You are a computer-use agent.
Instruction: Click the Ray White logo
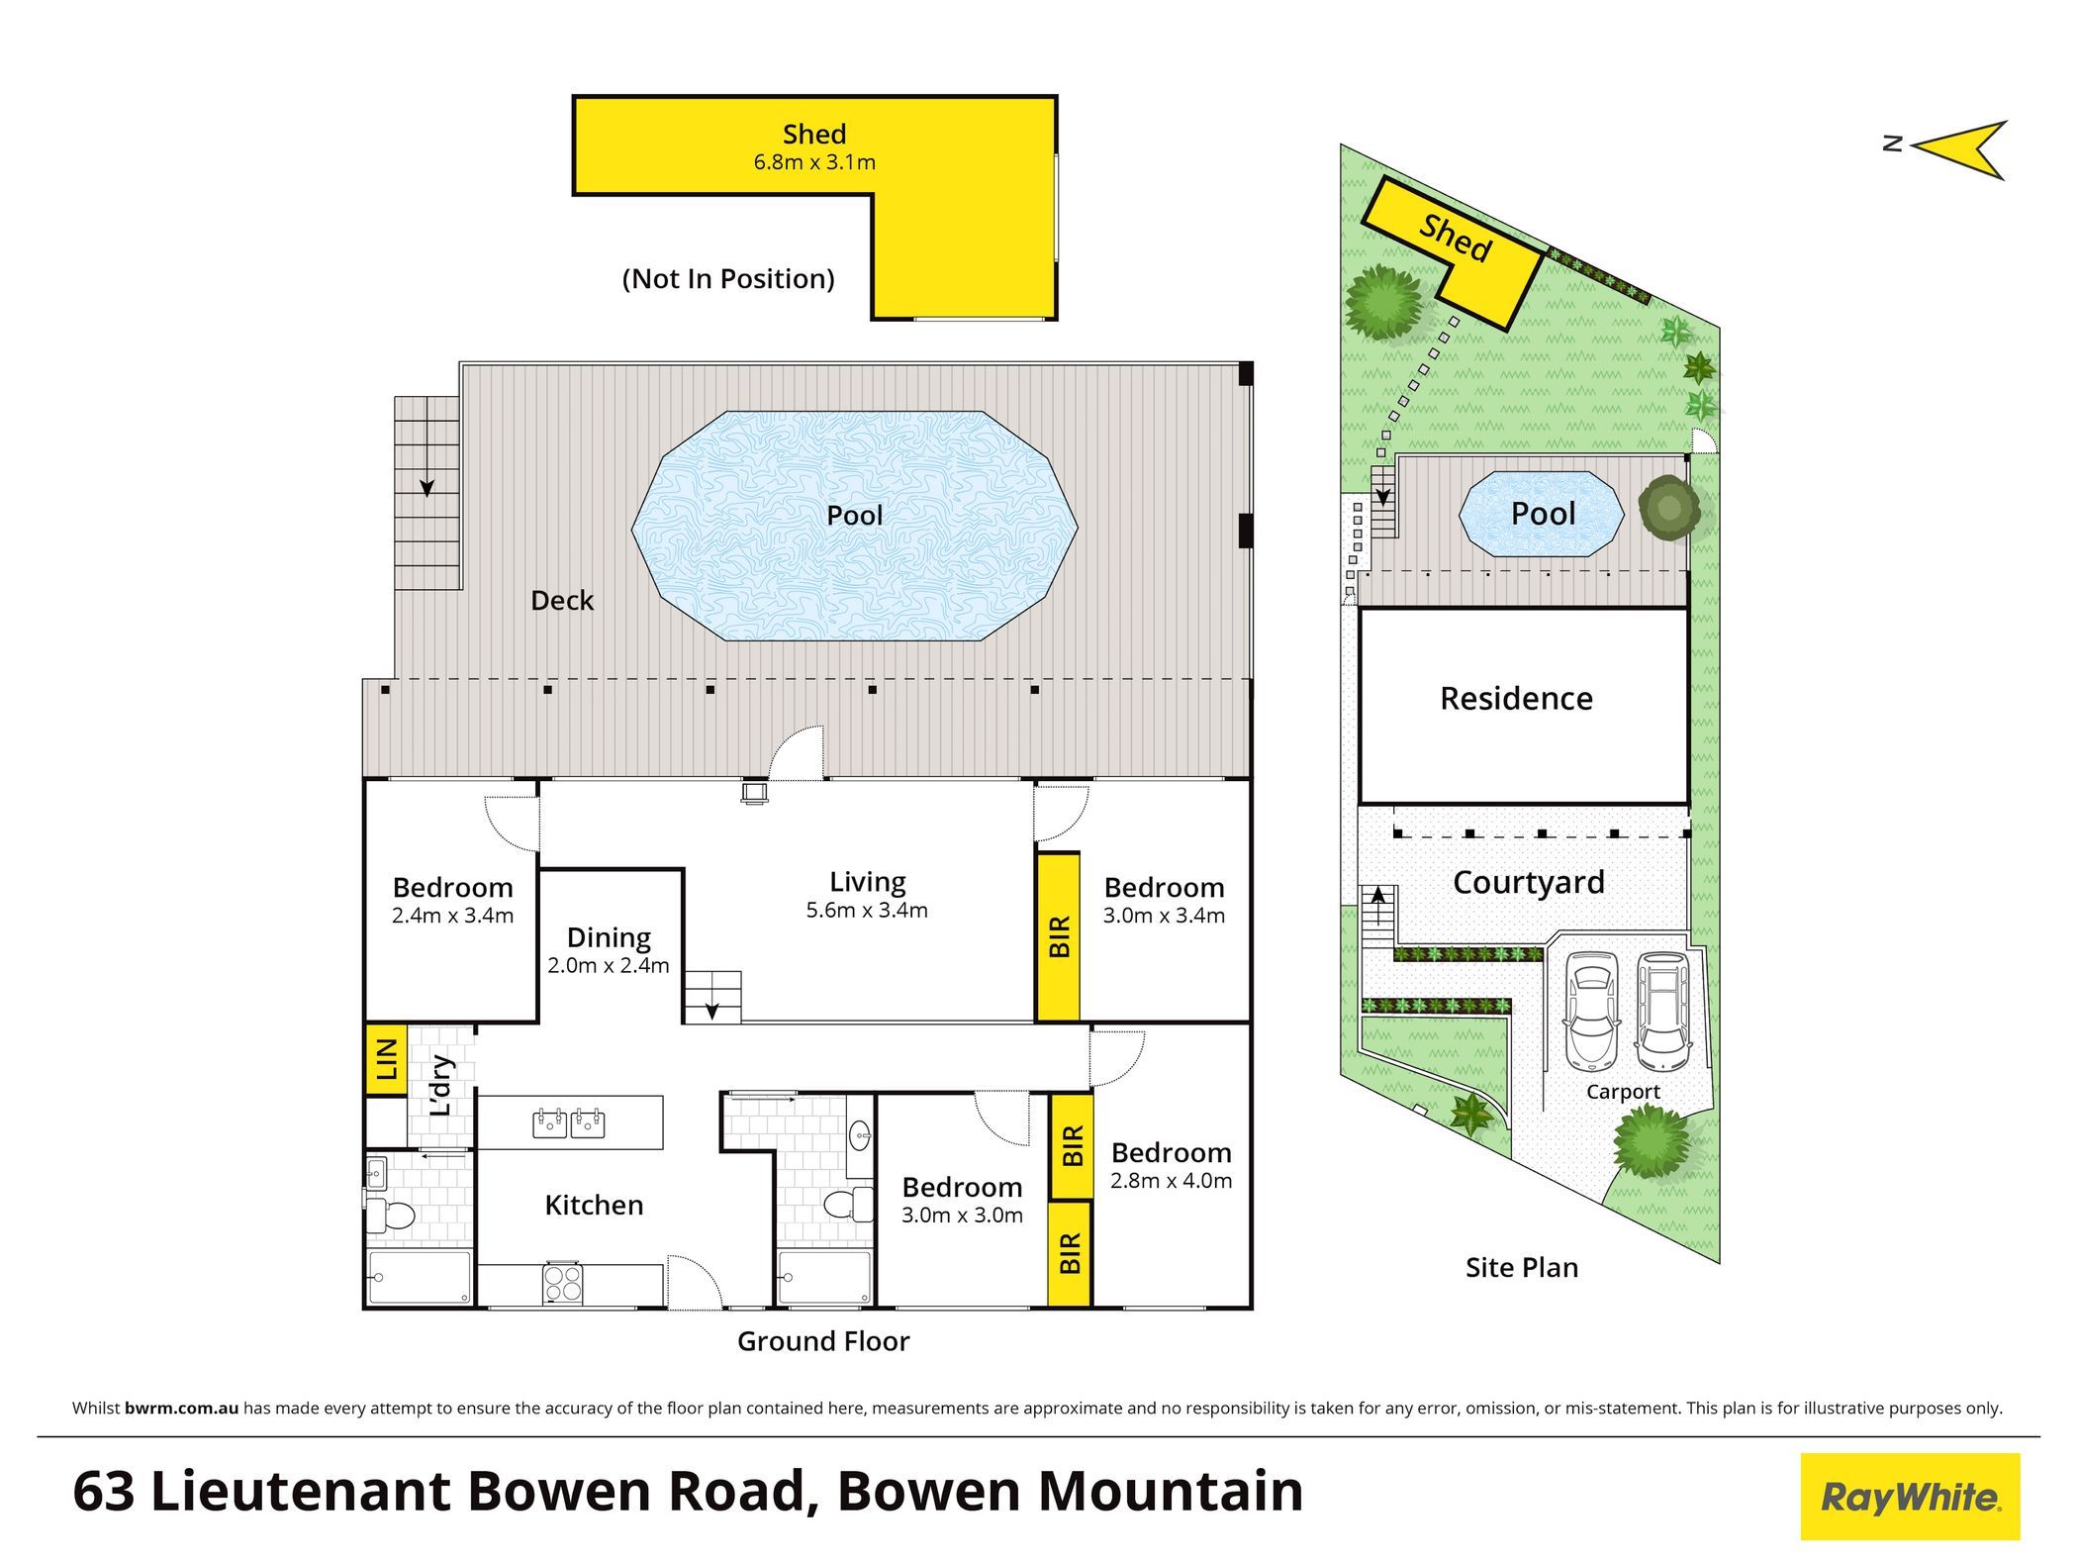pos(1910,1497)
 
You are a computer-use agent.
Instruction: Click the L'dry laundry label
pos(441,1085)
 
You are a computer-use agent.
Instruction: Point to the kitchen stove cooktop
pos(563,1284)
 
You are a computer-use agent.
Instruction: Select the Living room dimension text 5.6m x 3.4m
pos(867,911)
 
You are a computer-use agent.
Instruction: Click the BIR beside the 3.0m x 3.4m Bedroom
pos(1059,936)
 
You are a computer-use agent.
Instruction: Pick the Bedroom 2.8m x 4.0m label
pos(1172,1165)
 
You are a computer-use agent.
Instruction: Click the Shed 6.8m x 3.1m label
pos(814,146)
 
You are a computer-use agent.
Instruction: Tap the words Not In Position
pos(728,279)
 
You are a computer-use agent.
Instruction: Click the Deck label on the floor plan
pos(562,601)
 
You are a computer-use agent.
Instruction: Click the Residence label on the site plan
pos(1516,699)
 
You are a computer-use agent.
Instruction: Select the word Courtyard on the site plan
pos(1529,883)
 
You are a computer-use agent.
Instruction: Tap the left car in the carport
pos(1590,1011)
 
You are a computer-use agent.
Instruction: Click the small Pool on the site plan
pos(1542,514)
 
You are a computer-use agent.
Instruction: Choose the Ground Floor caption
pos(823,1341)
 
